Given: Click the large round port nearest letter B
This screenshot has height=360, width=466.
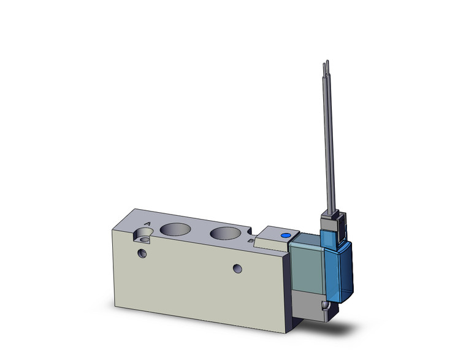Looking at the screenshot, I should tap(223, 234).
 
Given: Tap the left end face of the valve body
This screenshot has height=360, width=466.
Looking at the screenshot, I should tap(123, 264).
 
